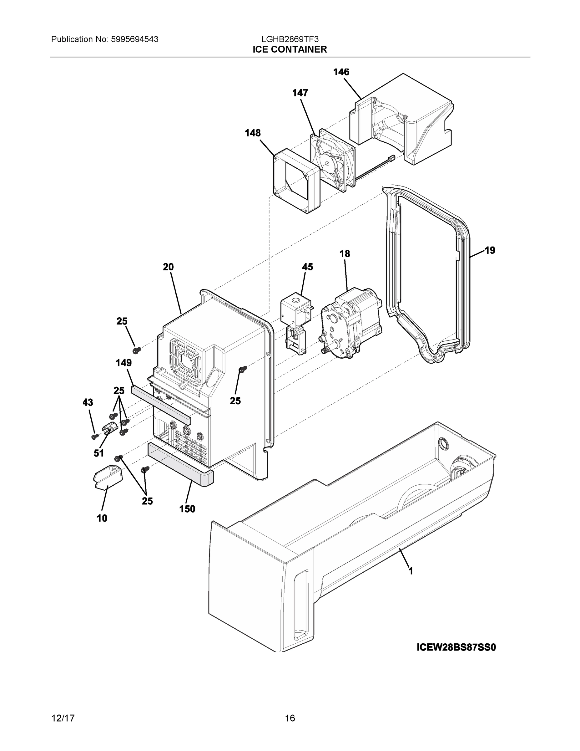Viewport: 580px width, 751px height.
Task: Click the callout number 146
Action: pyautogui.click(x=341, y=72)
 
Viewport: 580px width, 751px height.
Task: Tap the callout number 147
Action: pyautogui.click(x=300, y=93)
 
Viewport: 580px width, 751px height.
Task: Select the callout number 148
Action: pyautogui.click(x=253, y=133)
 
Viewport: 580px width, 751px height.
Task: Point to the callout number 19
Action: pyautogui.click(x=490, y=250)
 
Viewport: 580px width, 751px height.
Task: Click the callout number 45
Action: pyautogui.click(x=308, y=267)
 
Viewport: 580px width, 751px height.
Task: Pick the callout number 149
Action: pyautogui.click(x=124, y=362)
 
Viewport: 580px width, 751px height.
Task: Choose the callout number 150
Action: pyautogui.click(x=187, y=509)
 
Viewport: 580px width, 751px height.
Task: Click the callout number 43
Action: pyautogui.click(x=88, y=402)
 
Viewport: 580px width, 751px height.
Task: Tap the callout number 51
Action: pyautogui.click(x=98, y=453)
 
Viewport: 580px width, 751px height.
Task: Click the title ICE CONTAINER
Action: pyautogui.click(x=290, y=49)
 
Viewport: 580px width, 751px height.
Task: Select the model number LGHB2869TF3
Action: pyautogui.click(x=290, y=39)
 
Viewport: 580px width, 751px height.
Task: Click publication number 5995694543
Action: pyautogui.click(x=134, y=39)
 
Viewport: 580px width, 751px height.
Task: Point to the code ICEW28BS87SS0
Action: pyautogui.click(x=456, y=647)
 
